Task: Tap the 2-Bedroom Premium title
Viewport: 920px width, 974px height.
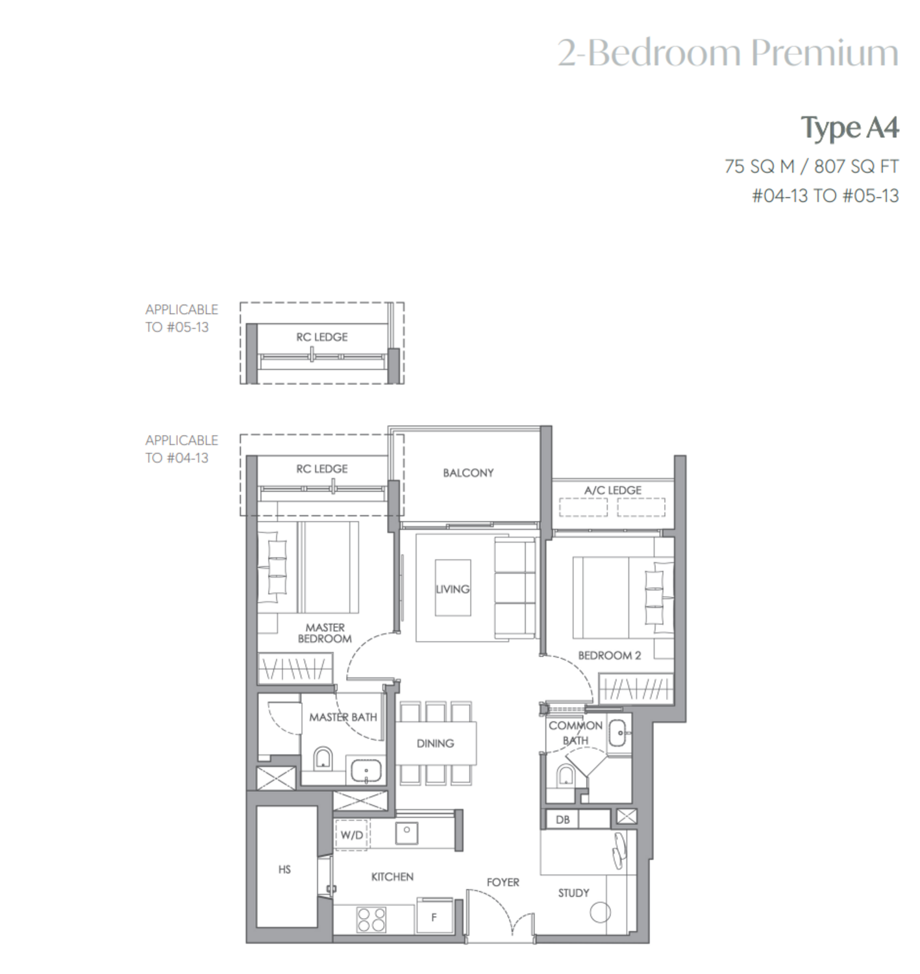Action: [x=728, y=53]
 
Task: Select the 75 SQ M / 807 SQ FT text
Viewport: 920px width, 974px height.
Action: [x=812, y=166]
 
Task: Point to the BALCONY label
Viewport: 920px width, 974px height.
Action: [x=468, y=473]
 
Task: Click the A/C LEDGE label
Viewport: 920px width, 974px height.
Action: [x=612, y=490]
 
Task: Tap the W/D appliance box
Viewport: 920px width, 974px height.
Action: [x=352, y=834]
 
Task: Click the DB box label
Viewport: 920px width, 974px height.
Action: [x=562, y=819]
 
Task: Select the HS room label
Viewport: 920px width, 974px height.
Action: [x=284, y=869]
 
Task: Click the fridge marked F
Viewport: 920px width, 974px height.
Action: [x=434, y=916]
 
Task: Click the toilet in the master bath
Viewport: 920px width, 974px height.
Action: [x=322, y=758]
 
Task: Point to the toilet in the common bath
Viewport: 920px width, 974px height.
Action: [x=565, y=776]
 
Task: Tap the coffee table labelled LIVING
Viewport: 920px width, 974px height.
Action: [x=453, y=588]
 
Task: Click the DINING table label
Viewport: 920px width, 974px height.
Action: [x=435, y=743]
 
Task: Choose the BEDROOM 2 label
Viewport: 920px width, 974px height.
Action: [x=609, y=656]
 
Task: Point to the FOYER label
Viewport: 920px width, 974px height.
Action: [x=503, y=882]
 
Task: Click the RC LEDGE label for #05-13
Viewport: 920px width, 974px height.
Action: [x=321, y=337]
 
